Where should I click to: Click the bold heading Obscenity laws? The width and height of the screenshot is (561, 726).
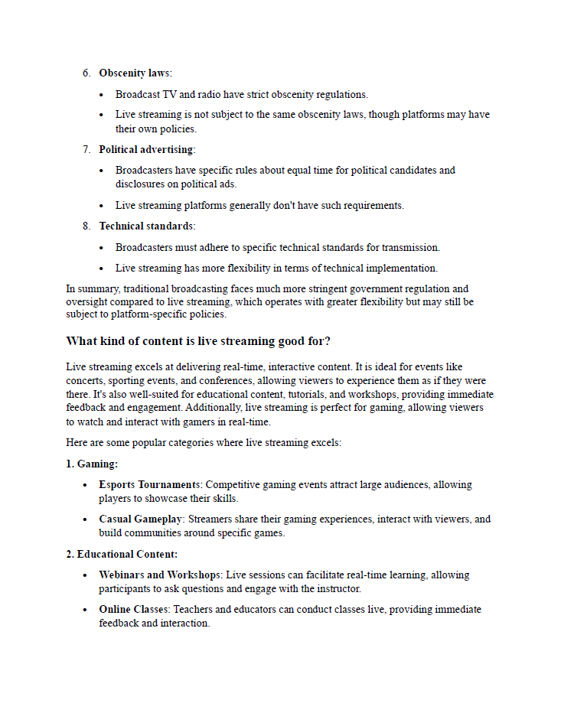click(x=135, y=73)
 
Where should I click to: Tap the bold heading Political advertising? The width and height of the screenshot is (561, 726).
click(x=146, y=150)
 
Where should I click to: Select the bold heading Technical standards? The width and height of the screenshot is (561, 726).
click(x=146, y=226)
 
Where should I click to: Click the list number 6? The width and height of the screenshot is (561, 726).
click(x=86, y=73)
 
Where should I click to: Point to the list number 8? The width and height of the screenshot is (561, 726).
click(x=86, y=226)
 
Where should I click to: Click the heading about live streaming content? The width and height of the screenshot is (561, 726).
click(x=198, y=341)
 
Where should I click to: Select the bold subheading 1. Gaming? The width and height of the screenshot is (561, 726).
click(x=92, y=464)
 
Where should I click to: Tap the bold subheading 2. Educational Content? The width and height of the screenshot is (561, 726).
click(x=122, y=555)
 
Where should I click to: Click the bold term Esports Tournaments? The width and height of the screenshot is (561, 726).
click(x=149, y=485)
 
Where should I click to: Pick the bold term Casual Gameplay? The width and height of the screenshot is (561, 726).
click(x=140, y=519)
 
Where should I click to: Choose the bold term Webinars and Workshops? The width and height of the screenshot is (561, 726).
click(x=158, y=575)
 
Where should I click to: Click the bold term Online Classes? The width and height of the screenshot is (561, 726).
click(x=134, y=610)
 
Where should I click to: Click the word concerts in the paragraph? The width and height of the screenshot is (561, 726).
click(x=84, y=381)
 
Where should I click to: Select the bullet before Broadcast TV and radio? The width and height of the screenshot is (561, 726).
click(x=103, y=95)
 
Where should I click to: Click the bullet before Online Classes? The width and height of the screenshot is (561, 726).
click(x=86, y=610)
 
